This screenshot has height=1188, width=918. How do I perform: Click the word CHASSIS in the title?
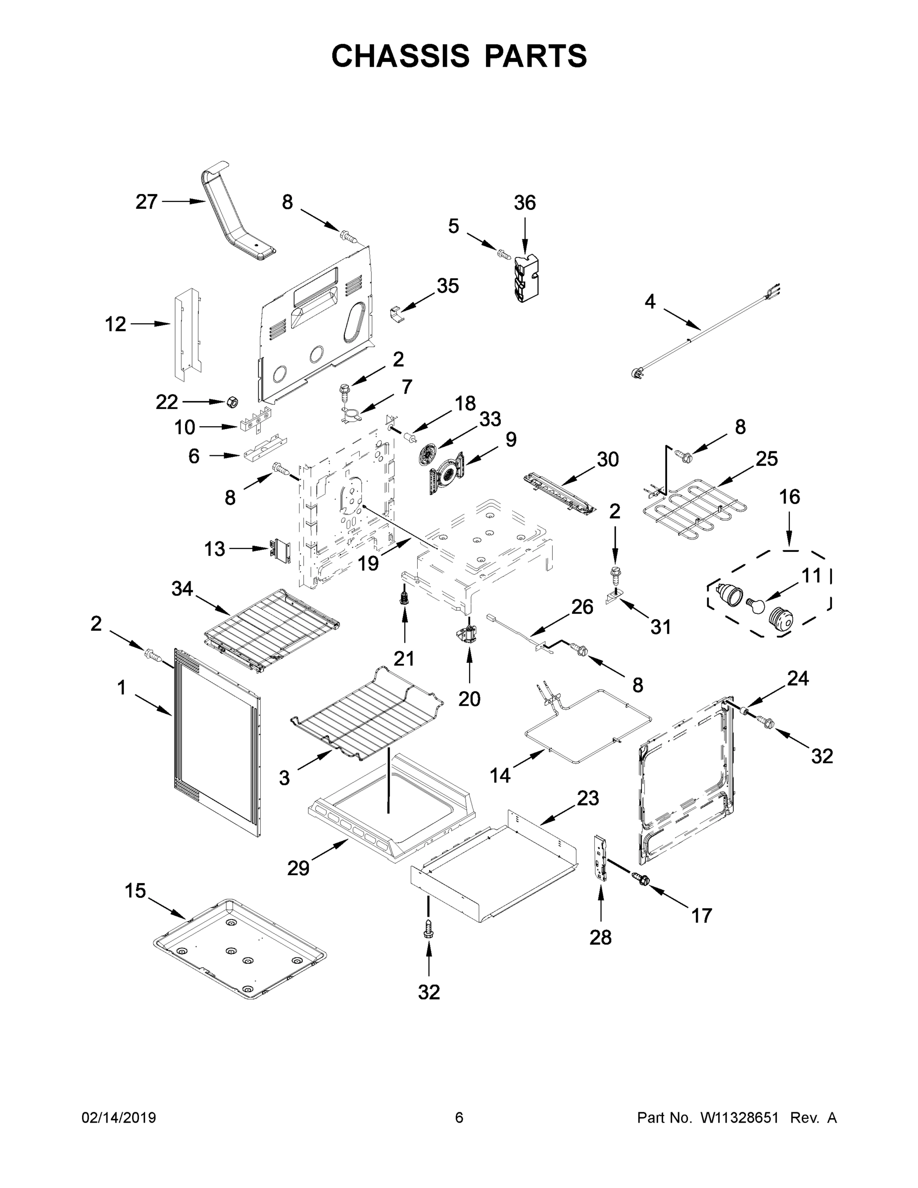(400, 56)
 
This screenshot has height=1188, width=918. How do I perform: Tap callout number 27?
(146, 202)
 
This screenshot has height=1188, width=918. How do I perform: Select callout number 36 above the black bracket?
(525, 203)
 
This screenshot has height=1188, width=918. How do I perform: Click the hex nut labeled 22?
(232, 402)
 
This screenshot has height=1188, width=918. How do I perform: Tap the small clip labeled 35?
(397, 314)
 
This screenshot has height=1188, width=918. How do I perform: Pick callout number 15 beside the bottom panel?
(136, 891)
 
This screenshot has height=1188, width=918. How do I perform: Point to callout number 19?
(369, 563)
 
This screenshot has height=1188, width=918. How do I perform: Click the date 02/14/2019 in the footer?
(119, 1118)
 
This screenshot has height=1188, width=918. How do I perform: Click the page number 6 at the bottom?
(459, 1118)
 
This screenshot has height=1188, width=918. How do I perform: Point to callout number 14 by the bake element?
(500, 776)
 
